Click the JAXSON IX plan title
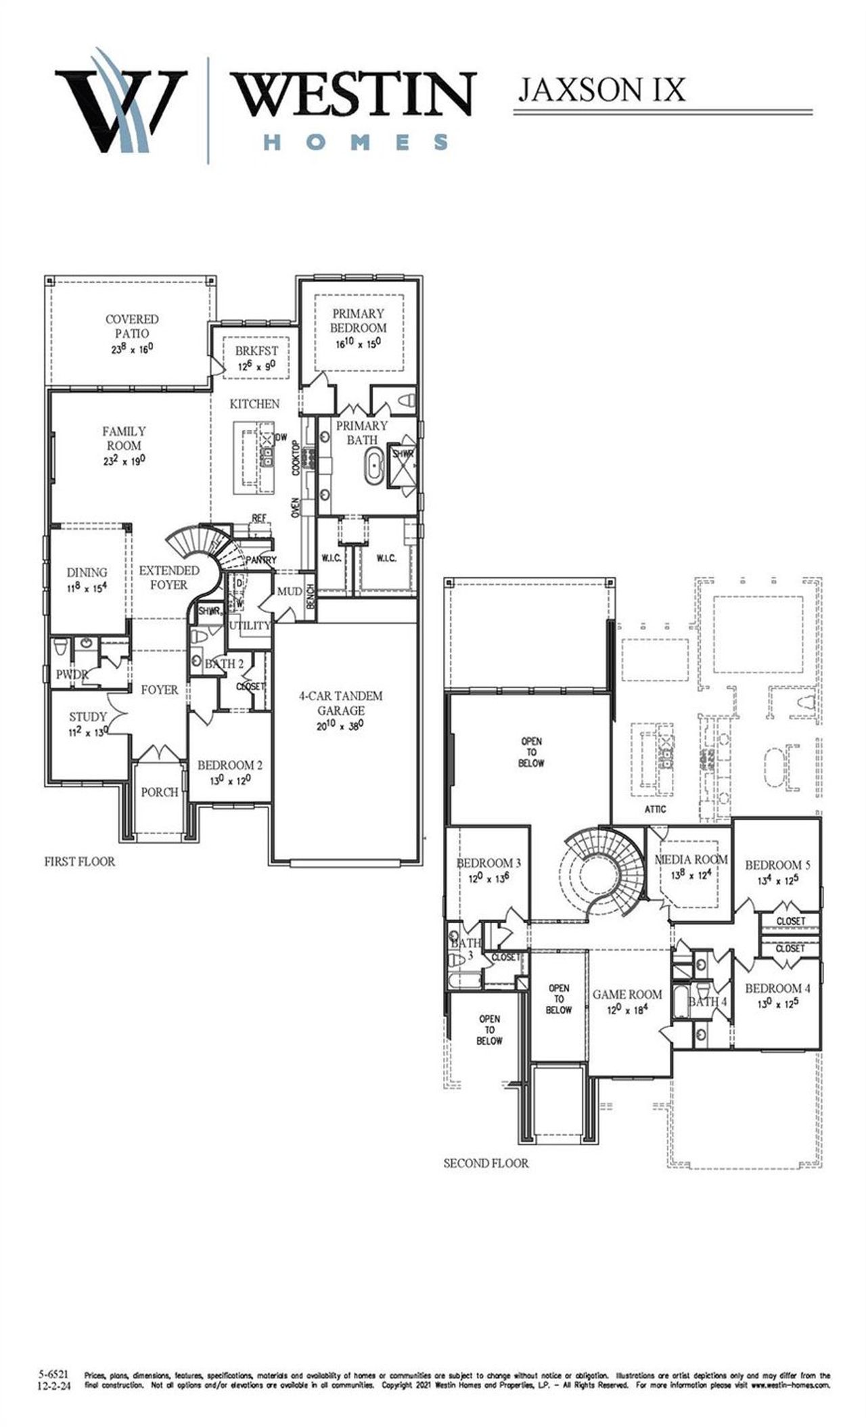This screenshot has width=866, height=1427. [x=601, y=89]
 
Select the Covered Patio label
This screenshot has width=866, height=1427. [x=132, y=326]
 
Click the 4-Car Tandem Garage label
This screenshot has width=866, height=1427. [x=341, y=703]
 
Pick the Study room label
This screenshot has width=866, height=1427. [x=87, y=717]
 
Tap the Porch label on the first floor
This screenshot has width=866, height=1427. [x=160, y=792]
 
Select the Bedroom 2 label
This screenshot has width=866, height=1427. [x=230, y=765]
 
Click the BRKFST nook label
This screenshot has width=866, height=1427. [x=256, y=351]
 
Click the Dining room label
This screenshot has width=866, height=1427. [x=87, y=572]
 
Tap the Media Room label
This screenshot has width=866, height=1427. [x=691, y=859]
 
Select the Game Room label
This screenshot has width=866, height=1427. [x=627, y=994]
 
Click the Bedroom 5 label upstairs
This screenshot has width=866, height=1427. [x=777, y=865]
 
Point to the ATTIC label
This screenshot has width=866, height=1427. [x=655, y=809]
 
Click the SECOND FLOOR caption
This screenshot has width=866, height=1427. [x=486, y=1163]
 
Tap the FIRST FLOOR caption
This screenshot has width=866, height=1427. [x=79, y=861]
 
